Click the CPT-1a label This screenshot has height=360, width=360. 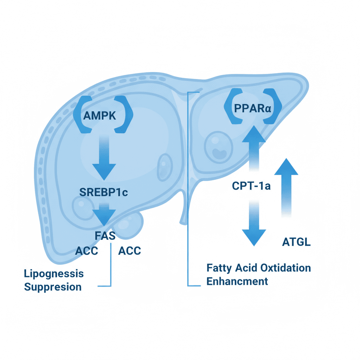coord(251,186)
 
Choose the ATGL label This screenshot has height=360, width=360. coord(296,242)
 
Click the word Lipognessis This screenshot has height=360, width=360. coord(54,274)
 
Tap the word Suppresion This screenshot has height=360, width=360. coord(53,287)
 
